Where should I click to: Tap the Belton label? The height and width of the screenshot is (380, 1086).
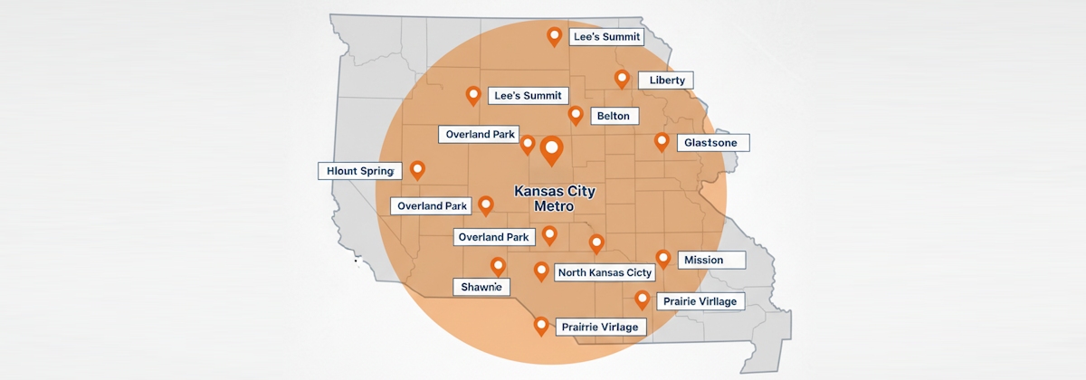tap(614, 116)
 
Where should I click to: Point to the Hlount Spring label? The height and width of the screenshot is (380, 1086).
tap(359, 170)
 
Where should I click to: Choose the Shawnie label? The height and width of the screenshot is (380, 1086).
tap(481, 287)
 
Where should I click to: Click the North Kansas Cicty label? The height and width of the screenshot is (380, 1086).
tap(605, 272)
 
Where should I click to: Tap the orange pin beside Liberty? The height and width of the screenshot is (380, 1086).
tap(622, 79)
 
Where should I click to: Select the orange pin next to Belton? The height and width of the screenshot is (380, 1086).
tap(576, 115)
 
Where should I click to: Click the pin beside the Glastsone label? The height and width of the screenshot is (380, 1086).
tap(662, 142)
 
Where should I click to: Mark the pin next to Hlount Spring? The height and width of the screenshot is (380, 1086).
tap(417, 169)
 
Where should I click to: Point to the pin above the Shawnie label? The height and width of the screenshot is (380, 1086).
tap(498, 266)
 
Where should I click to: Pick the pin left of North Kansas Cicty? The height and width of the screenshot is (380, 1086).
tap(541, 271)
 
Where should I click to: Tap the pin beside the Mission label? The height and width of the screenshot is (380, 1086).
tap(662, 259)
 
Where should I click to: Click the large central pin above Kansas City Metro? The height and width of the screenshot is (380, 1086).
tap(550, 150)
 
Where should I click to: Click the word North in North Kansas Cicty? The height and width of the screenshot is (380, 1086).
tap(576, 272)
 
